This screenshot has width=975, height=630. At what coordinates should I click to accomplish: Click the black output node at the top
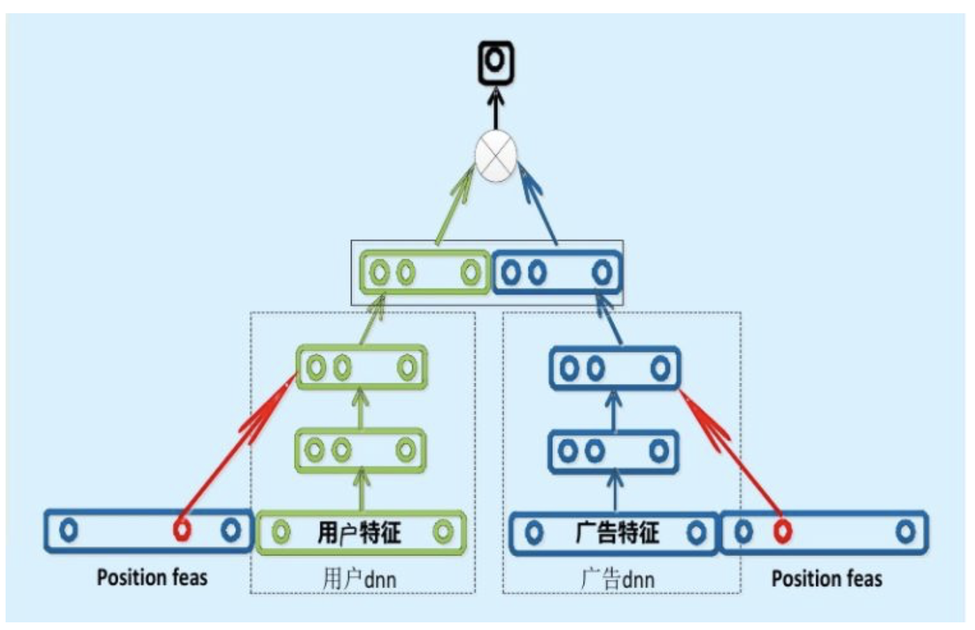tap(495, 61)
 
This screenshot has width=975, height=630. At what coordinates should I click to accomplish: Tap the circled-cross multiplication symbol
tap(496, 156)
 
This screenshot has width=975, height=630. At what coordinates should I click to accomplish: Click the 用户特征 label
tap(359, 533)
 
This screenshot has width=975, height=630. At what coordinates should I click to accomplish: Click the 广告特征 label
tap(616, 533)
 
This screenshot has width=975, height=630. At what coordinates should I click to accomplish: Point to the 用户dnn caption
tap(359, 578)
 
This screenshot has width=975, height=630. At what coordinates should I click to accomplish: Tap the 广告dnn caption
tap(618, 578)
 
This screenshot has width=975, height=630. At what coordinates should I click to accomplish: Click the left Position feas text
tap(152, 578)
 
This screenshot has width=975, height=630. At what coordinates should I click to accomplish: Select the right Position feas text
tap(827, 578)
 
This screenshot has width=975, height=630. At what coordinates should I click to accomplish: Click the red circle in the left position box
tap(182, 530)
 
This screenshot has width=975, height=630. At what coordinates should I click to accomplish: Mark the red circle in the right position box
tap(783, 532)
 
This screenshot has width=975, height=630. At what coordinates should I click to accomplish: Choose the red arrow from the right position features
tap(731, 453)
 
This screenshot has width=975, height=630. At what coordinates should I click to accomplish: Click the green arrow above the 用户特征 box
tap(361, 491)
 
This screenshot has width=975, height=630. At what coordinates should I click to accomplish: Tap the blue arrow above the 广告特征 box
tap(614, 491)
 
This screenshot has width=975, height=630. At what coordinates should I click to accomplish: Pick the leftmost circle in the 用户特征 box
tap(281, 533)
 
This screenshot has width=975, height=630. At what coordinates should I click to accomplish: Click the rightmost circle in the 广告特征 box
tap(695, 533)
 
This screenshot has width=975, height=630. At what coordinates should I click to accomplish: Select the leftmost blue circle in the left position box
tap(68, 530)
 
